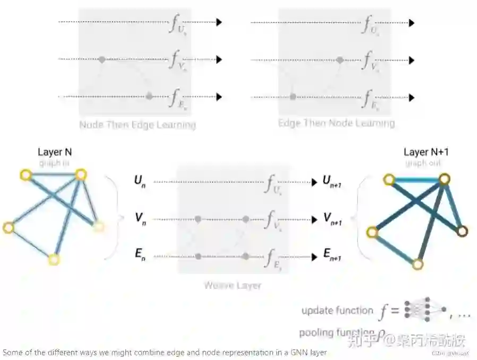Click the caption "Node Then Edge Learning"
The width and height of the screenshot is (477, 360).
[138, 125]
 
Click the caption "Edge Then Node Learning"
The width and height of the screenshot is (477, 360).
[336, 123]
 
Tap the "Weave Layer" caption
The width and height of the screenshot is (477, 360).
[233, 286]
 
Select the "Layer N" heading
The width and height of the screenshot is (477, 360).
[54, 152]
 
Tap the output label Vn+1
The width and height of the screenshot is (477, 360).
[332, 218]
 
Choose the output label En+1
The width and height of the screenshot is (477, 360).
[332, 255]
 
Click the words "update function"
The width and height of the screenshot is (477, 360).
[337, 311]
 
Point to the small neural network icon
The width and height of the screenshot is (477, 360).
[422, 310]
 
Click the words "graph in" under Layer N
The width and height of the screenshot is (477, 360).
[54, 164]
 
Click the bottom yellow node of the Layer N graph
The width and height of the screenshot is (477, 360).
[53, 260]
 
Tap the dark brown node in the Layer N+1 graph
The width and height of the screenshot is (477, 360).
[462, 231]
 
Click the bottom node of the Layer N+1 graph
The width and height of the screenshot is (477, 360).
[418, 264]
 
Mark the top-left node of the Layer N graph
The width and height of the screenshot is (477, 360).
[24, 174]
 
